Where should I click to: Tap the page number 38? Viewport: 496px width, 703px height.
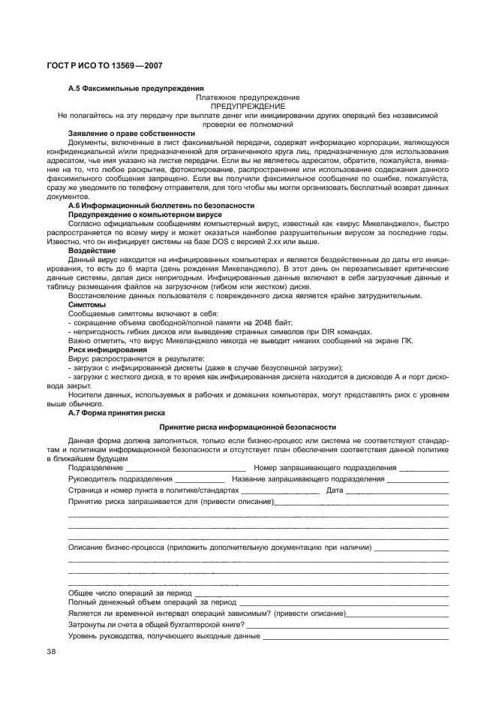tap(52, 651)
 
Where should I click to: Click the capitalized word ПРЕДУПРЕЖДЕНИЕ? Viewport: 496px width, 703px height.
tap(247, 107)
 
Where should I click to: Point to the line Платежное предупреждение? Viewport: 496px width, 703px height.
tap(248, 98)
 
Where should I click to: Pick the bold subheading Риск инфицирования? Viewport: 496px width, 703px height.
tap(107, 349)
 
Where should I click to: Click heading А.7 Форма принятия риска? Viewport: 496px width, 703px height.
tap(113, 412)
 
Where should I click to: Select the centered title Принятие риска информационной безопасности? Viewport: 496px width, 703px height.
tap(248, 427)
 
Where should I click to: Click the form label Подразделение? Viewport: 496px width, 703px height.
tap(96, 468)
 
